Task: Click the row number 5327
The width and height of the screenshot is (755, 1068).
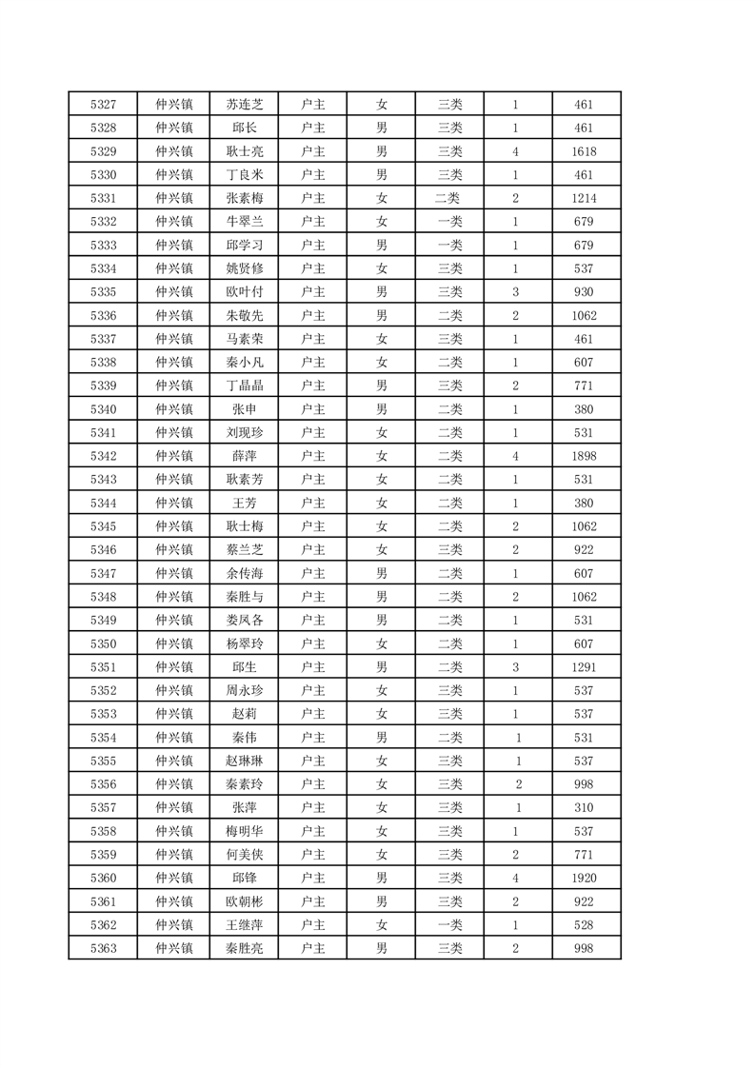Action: (x=103, y=105)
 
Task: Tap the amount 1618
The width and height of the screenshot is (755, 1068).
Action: (x=585, y=151)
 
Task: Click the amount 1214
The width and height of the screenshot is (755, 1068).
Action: (x=585, y=198)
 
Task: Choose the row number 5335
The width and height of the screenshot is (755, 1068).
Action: (x=103, y=292)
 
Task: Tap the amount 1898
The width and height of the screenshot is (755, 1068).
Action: (x=585, y=456)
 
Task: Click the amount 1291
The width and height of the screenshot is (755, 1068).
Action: (x=585, y=667)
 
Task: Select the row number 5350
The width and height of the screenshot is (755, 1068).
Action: (x=103, y=643)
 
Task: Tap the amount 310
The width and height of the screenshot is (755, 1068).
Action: (x=585, y=807)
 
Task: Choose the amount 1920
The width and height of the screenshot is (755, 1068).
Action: (x=585, y=878)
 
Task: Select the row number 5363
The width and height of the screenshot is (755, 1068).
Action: (x=103, y=948)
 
